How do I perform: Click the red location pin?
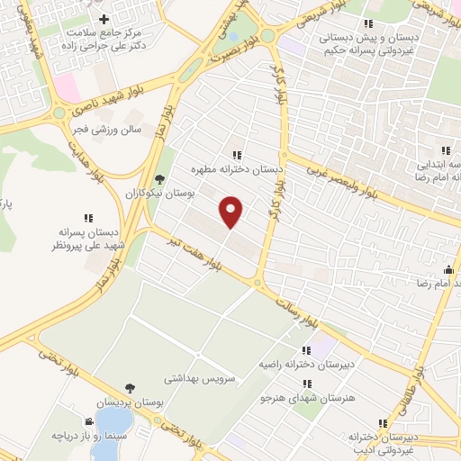[231, 211]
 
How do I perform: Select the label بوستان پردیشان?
[132, 403]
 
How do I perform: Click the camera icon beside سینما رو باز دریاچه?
[89, 421]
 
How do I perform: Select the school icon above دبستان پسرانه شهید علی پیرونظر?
[88, 217]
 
